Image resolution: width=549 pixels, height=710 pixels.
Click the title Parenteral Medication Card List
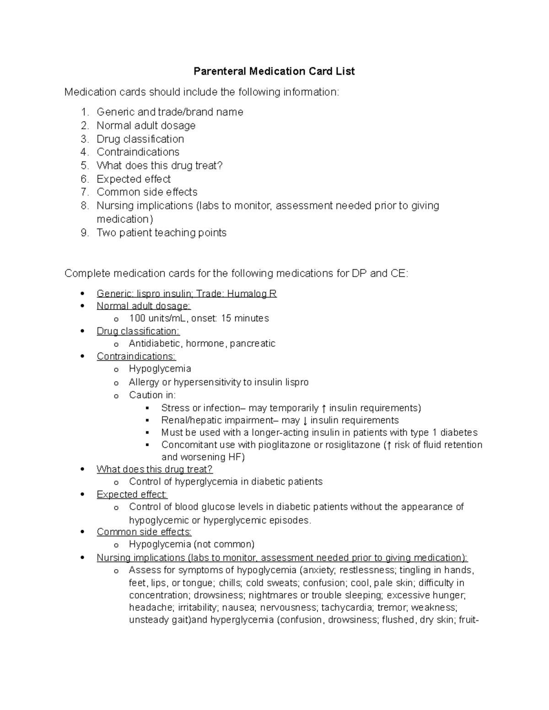pyautogui.click(x=274, y=71)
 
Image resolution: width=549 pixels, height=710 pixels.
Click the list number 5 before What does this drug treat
pyautogui.click(x=85, y=165)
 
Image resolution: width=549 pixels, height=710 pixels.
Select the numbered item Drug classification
pyautogui.click(x=140, y=139)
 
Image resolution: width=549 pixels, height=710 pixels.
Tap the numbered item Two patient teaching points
pyautogui.click(x=161, y=233)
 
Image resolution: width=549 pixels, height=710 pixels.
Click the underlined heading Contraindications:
pyautogui.click(x=136, y=356)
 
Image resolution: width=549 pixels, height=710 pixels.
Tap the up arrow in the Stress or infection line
pyautogui.click(x=324, y=408)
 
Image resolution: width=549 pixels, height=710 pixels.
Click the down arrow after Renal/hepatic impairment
pyautogui.click(x=305, y=420)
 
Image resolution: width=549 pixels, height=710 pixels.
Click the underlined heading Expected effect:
pyautogui.click(x=132, y=494)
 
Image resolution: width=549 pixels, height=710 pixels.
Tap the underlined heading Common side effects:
pyautogui.click(x=144, y=532)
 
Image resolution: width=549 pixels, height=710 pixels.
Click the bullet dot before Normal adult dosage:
pyautogui.click(x=82, y=306)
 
